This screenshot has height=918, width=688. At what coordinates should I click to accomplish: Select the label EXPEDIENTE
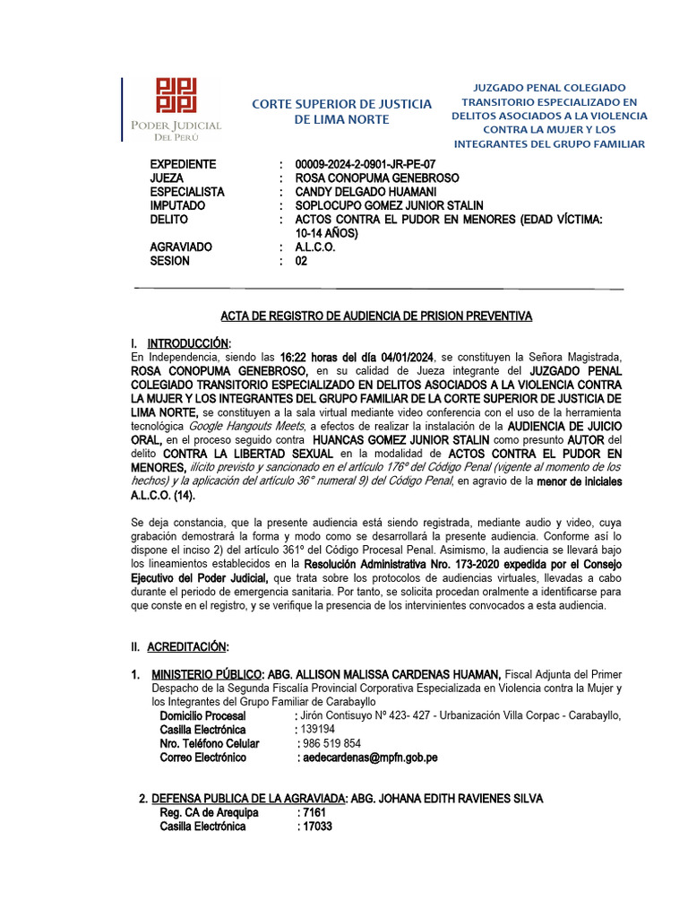pos(183,164)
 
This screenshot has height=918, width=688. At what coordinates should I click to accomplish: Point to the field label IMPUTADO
pos(179,205)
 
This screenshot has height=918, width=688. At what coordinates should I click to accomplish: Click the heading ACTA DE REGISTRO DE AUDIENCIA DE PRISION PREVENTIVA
pos(376,316)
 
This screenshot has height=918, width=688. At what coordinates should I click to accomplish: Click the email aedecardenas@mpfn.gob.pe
pos(367,758)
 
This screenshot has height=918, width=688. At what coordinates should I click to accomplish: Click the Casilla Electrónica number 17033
pos(314,826)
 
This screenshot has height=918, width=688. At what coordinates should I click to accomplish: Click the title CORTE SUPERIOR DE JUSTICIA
pos(341,104)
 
